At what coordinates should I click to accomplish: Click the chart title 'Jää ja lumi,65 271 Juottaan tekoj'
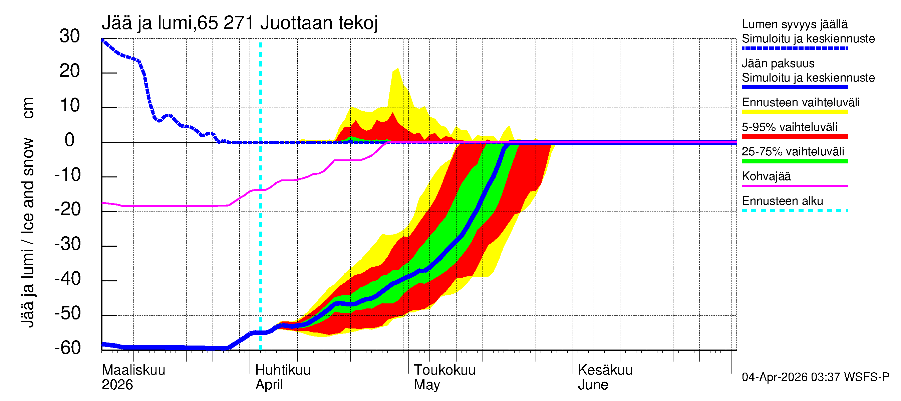[240, 23]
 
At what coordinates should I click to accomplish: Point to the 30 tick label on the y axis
[70, 36]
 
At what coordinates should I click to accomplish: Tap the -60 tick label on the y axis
[68, 348]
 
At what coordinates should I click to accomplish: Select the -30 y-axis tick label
[68, 244]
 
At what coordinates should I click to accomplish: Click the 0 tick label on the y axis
[70, 140]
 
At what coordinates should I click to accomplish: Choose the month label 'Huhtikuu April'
[283, 377]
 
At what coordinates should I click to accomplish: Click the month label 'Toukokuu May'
[444, 377]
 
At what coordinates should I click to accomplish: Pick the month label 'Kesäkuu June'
[605, 377]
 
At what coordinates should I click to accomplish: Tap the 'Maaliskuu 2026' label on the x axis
[133, 377]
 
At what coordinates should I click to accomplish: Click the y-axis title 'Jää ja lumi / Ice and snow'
[28, 233]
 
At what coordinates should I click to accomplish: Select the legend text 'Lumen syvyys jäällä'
[794, 24]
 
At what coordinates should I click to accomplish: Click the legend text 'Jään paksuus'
[778, 63]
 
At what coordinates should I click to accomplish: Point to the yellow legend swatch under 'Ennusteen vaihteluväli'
[794, 112]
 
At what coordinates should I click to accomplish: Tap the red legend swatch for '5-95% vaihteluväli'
[794, 137]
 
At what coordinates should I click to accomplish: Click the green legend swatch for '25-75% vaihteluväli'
[794, 161]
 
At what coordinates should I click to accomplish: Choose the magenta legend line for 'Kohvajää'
[794, 185]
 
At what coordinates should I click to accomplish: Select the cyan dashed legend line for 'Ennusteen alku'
[794, 211]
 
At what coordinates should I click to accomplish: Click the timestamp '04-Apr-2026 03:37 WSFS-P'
[815, 377]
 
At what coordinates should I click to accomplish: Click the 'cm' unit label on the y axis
[28, 108]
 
